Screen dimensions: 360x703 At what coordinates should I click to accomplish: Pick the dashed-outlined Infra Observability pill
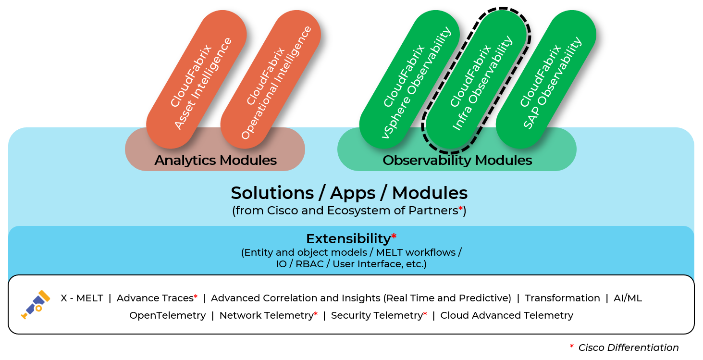[476, 79]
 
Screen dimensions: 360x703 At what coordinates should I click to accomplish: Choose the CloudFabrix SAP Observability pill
[546, 79]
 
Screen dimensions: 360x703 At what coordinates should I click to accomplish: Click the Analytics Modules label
[215, 160]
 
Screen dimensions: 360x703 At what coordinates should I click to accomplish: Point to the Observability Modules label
[457, 160]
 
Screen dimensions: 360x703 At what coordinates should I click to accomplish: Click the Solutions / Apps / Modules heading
[349, 193]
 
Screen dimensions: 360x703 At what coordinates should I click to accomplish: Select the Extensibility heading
[348, 238]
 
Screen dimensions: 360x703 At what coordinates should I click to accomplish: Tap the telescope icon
[35, 304]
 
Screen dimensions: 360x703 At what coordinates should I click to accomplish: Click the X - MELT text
[82, 298]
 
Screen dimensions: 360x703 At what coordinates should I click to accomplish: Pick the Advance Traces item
[155, 298]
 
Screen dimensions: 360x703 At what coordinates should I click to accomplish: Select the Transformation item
[562, 298]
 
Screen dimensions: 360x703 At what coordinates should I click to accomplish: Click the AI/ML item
[628, 298]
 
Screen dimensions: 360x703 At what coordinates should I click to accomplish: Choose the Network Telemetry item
[266, 315]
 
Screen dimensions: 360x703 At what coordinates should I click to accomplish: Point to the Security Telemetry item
[376, 315]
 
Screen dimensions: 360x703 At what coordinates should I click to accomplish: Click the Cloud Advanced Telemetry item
[506, 315]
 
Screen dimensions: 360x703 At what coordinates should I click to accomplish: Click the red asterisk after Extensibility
[394, 236]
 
